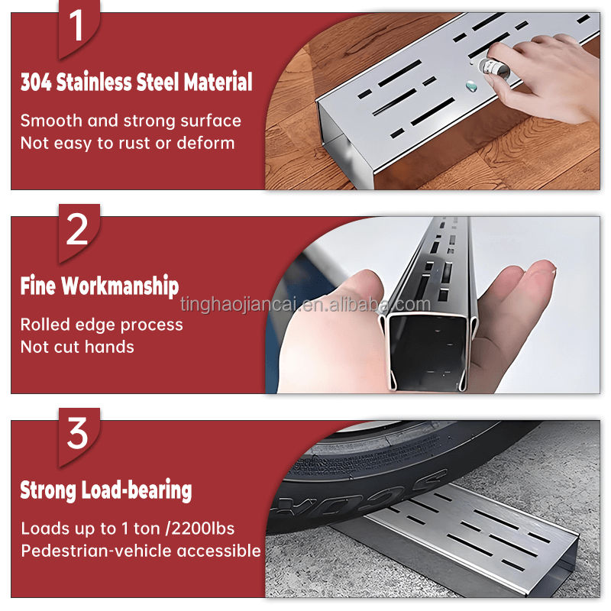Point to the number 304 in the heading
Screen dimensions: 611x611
pyautogui.click(x=36, y=82)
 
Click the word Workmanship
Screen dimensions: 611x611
pyautogui.click(x=120, y=286)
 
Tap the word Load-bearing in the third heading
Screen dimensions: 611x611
pyautogui.click(x=137, y=490)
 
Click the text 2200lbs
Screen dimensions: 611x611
pyautogui.click(x=203, y=529)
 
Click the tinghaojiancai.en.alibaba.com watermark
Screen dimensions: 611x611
pyautogui.click(x=305, y=304)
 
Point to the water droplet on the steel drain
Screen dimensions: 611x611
pyautogui.click(x=471, y=86)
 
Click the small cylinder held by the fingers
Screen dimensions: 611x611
pyautogui.click(x=493, y=70)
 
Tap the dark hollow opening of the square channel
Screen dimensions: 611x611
pyautogui.click(x=428, y=353)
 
